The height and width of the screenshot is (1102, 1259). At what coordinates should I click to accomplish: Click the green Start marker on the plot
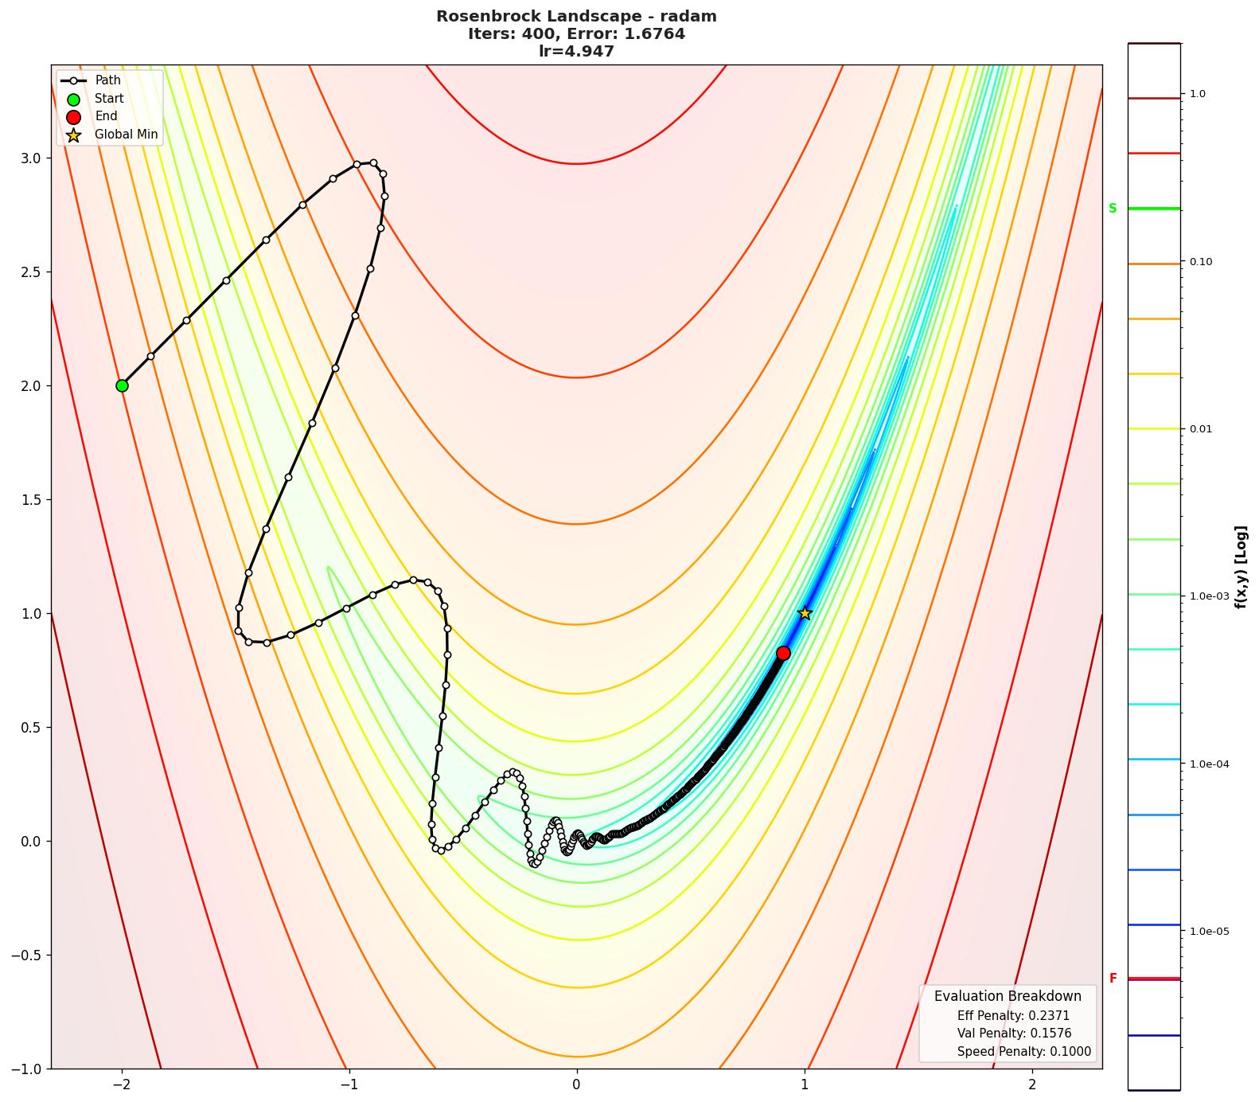point(122,385)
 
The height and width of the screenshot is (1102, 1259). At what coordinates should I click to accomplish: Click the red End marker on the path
point(783,653)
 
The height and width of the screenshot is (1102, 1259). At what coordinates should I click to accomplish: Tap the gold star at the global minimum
point(805,613)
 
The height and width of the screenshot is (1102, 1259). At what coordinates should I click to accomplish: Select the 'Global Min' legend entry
point(126,135)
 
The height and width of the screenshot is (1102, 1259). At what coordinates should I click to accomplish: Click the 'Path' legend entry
point(107,80)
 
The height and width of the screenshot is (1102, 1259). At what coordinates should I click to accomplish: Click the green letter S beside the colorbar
point(1113,209)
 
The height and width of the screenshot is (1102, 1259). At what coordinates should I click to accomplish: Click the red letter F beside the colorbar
point(1113,979)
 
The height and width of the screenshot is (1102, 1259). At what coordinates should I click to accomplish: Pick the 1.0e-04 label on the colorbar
point(1208,764)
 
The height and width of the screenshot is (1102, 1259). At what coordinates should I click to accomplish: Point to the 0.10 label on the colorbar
point(1200,262)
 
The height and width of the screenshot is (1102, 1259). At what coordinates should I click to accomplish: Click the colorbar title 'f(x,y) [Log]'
point(1241,567)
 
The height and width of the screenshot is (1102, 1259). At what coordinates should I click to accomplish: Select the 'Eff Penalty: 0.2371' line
point(1013,1016)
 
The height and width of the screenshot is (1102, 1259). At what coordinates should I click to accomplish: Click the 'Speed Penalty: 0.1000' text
point(1023,1052)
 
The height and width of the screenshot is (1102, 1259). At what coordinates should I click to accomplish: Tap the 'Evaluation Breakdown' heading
point(1008,996)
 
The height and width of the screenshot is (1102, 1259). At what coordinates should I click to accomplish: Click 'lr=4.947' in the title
point(576,52)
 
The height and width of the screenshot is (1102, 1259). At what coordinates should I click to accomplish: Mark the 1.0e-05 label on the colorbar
point(1208,932)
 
